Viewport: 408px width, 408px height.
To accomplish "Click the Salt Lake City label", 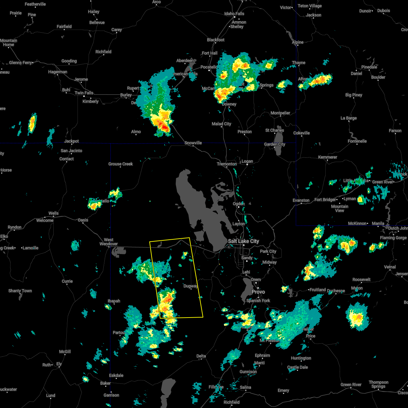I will (x=243, y=241).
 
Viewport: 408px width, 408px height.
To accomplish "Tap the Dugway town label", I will (x=190, y=286).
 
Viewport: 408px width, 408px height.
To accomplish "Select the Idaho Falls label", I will (x=234, y=14).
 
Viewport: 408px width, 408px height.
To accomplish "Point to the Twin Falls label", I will (x=84, y=93).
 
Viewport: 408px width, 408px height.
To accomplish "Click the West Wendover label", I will (x=108, y=242).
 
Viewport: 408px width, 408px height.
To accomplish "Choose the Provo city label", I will (x=258, y=292).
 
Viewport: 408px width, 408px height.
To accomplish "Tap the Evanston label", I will (x=301, y=200).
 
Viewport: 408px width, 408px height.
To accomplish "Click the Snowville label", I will (x=193, y=143).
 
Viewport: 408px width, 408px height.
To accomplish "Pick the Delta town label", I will (x=201, y=356).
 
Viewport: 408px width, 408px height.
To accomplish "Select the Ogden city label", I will (x=239, y=204).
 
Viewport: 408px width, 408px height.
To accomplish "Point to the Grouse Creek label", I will (x=121, y=164).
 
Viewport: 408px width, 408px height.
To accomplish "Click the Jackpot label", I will (x=71, y=141).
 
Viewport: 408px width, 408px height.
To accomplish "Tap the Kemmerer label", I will (x=327, y=157).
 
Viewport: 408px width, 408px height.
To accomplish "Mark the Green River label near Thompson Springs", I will (x=351, y=385).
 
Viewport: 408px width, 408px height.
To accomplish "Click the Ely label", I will (x=59, y=364).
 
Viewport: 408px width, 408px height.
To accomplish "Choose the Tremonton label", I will (x=227, y=164).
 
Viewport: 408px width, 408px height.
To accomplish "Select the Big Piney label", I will (x=354, y=95).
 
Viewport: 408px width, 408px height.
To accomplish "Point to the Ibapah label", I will (x=114, y=301).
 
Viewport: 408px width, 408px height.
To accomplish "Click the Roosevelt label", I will (x=361, y=279).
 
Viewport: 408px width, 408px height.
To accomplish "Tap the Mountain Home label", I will (x=8, y=42).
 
